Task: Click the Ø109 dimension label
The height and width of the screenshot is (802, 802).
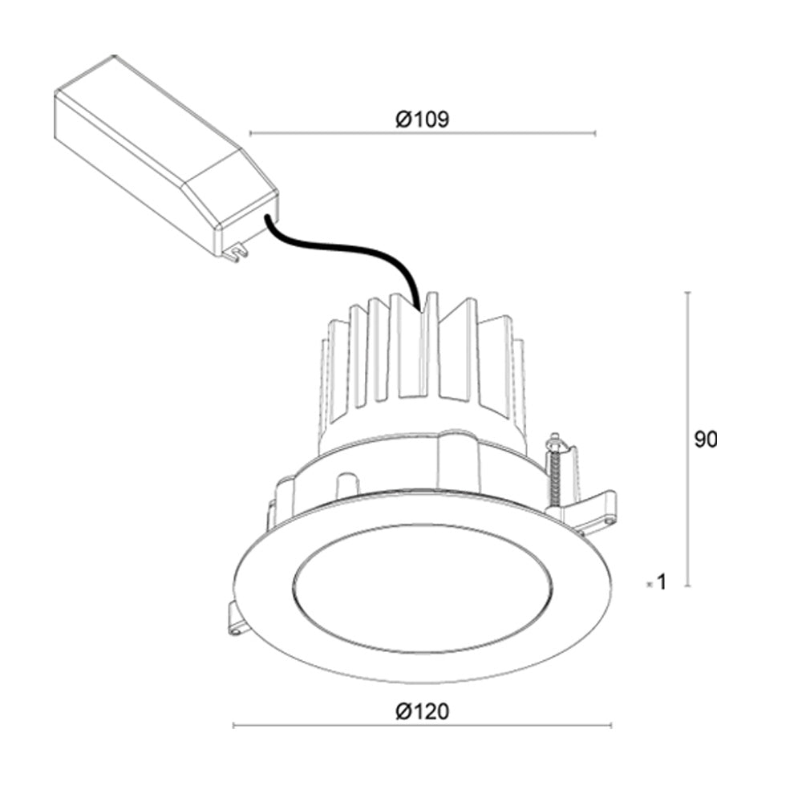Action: [x=422, y=119]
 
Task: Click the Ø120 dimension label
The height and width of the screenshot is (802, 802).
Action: [x=422, y=711]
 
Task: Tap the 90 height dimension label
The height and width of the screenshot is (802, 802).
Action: [x=706, y=439]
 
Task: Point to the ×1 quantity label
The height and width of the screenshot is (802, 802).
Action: [x=657, y=583]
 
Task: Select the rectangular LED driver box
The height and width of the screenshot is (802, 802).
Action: [x=152, y=152]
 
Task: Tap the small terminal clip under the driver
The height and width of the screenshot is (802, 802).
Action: [x=234, y=253]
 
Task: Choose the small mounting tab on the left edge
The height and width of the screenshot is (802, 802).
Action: [x=237, y=619]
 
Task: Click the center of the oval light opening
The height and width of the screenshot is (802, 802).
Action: [x=423, y=588]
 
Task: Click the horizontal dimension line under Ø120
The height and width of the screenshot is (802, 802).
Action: [x=422, y=726]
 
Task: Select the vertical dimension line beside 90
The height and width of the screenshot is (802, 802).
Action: [x=688, y=439]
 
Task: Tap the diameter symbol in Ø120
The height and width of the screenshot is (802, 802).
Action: [x=403, y=711]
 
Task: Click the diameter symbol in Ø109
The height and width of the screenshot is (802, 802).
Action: [x=403, y=119]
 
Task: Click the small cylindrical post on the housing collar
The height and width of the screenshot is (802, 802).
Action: [x=346, y=485]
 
